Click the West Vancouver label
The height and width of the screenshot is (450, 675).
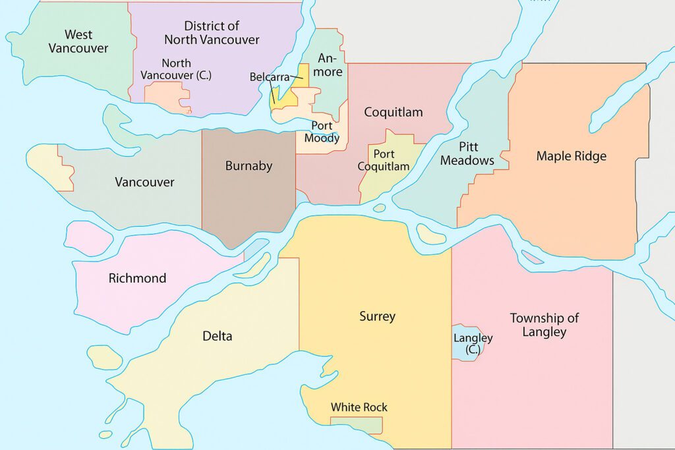(78, 41)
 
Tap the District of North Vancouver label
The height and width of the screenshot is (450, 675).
(212, 33)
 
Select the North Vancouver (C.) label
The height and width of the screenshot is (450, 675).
(176, 69)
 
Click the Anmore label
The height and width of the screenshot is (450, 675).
(330, 65)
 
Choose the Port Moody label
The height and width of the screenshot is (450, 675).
(322, 132)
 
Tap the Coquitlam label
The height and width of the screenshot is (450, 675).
(394, 112)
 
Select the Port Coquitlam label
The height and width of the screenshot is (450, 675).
(384, 160)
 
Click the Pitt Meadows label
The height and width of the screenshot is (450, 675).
(467, 154)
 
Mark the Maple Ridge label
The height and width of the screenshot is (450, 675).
(571, 156)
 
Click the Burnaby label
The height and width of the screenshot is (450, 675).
(249, 166)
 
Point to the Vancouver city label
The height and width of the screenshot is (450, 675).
(144, 182)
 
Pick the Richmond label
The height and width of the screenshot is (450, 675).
(137, 278)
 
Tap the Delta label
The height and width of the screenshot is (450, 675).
(217, 336)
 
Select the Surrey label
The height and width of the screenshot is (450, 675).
(377, 316)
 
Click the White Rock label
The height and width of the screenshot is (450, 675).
(359, 407)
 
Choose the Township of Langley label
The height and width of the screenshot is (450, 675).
(544, 325)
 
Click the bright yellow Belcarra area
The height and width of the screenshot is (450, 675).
(303, 74)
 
